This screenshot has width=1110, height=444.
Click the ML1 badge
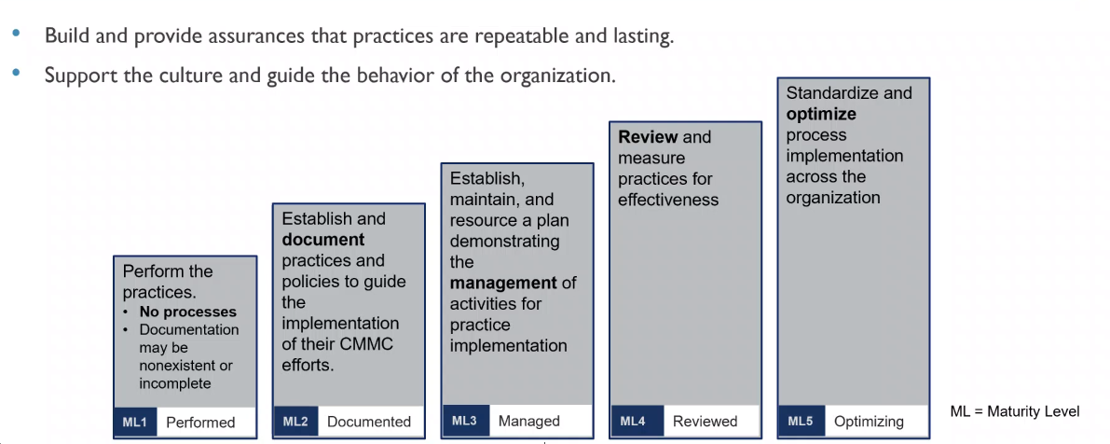(134, 423)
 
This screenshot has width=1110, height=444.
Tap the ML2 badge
(295, 422)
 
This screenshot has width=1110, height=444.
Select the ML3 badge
(464, 421)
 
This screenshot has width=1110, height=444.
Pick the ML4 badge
(633, 422)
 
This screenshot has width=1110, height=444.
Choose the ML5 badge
(800, 422)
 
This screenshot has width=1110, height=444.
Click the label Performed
(200, 423)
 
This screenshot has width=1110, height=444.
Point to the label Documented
(368, 422)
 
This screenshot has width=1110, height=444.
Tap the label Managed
(528, 421)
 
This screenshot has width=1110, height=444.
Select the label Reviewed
(705, 422)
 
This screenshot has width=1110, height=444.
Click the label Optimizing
(869, 422)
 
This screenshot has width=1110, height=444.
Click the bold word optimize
(821, 114)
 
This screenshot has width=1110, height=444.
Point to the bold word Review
(648, 137)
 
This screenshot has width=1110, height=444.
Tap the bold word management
(504, 283)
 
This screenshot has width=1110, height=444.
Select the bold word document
(322, 240)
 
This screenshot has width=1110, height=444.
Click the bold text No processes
(187, 312)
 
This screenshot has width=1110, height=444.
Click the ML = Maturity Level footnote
(1015, 411)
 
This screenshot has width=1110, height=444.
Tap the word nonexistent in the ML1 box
(186, 366)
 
